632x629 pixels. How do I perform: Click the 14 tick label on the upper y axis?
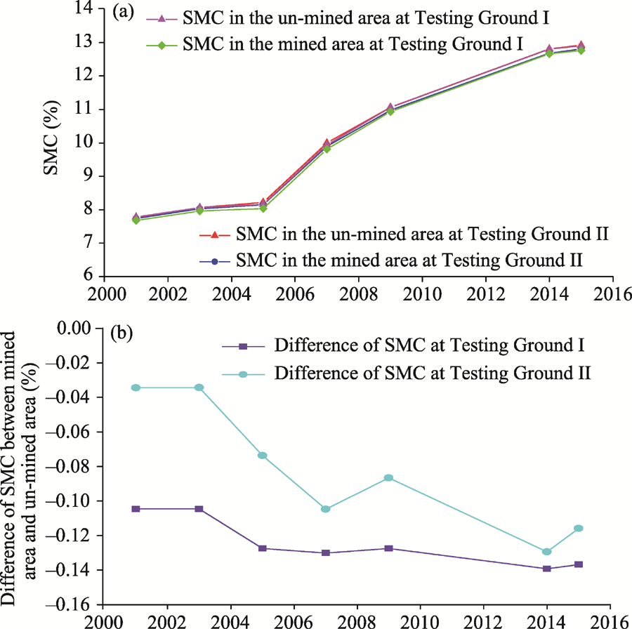pyautogui.click(x=90, y=9)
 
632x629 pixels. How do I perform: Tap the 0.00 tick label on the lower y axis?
pyautogui.click(x=77, y=328)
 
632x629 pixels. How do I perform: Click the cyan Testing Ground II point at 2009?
pyautogui.click(x=388, y=478)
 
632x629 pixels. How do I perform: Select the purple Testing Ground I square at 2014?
pyautogui.click(x=547, y=569)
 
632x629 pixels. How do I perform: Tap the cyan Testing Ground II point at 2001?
pyautogui.click(x=136, y=388)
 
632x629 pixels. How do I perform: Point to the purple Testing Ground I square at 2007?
pyautogui.click(x=326, y=553)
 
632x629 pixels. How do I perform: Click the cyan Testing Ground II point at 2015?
pyautogui.click(x=579, y=529)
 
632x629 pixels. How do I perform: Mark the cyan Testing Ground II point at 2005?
pyautogui.click(x=262, y=456)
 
